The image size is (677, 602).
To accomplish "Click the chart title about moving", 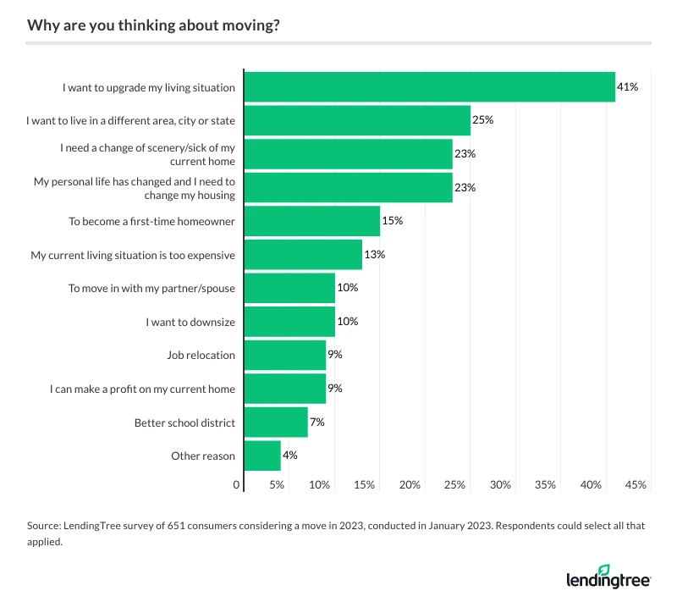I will click(153, 25).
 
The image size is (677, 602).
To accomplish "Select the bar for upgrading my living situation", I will click(429, 87).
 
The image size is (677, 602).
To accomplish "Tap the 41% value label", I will click(627, 87).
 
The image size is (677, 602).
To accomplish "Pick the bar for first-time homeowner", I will click(312, 221).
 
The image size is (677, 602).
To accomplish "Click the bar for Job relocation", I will click(285, 355).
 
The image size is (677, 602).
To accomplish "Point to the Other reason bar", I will click(262, 456).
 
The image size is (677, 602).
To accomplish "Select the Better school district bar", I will click(276, 422).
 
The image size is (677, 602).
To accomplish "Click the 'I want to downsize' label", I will click(190, 322).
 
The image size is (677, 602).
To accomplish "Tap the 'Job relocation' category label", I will click(201, 355).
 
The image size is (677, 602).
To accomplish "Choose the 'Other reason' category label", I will click(202, 456).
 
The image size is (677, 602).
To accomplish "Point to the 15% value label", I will click(392, 221).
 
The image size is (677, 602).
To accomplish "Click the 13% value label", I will click(374, 254).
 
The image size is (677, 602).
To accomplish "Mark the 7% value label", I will click(316, 422).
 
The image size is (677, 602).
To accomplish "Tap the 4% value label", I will click(289, 456).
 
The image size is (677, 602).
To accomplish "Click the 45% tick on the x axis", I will click(636, 485).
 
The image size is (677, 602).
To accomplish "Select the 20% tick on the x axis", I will click(410, 485).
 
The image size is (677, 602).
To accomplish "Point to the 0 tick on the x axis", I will click(237, 485).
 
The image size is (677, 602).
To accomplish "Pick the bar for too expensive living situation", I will click(303, 254).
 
